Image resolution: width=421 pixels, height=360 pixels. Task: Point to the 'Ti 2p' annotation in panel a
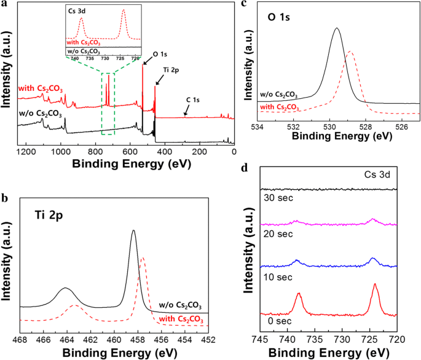170,72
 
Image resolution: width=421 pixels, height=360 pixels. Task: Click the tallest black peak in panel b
133,232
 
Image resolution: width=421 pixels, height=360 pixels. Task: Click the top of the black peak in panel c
336,28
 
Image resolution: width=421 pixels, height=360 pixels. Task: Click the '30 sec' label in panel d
273,199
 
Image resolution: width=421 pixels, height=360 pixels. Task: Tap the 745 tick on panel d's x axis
261,338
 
